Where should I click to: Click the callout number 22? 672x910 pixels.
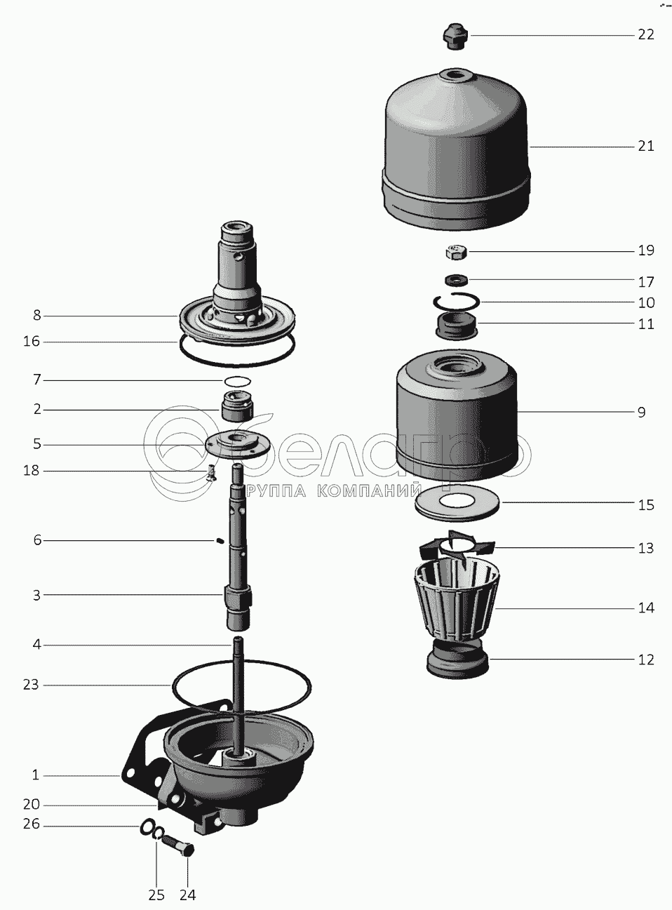tap(646, 35)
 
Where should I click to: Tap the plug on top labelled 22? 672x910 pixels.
tap(456, 37)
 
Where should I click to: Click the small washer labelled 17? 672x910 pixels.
tap(456, 280)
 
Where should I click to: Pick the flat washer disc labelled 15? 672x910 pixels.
tap(457, 504)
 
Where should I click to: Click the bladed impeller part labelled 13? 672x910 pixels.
tap(456, 548)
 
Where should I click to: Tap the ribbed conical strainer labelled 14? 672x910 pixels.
tap(456, 601)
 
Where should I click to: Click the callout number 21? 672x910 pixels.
tap(646, 147)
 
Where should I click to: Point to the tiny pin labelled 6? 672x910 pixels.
tap(220, 541)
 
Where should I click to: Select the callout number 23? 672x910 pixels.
tap(31, 685)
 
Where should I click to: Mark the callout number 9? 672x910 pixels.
tap(642, 413)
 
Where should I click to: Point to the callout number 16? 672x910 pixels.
tap(32, 342)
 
